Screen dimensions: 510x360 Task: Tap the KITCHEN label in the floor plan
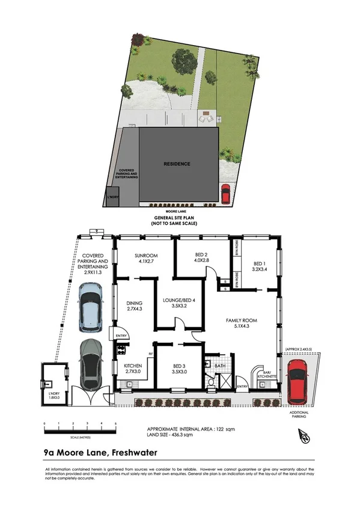pyautogui.click(x=132, y=368)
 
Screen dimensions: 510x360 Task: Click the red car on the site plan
pyautogui.click(x=225, y=194)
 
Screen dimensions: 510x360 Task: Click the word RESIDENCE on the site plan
pyautogui.click(x=177, y=164)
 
